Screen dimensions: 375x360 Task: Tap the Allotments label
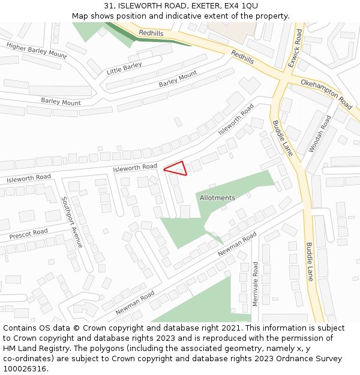click(x=217, y=198)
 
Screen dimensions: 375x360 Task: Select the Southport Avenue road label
click(x=72, y=222)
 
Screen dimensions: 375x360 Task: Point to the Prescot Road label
click(x=28, y=233)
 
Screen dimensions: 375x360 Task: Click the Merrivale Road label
click(x=255, y=284)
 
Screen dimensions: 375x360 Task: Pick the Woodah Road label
click(x=319, y=134)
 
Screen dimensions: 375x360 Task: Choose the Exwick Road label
click(x=295, y=47)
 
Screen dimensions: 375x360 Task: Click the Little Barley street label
click(x=124, y=68)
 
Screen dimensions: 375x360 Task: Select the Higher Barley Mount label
click(x=37, y=50)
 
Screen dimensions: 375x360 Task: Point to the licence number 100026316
click(x=25, y=369)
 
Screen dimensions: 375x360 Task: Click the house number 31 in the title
click(x=108, y=5)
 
